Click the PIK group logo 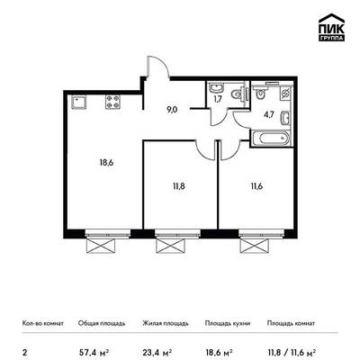(x=331, y=28)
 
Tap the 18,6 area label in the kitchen (x=106, y=163)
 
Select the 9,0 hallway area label (x=172, y=110)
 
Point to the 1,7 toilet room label (x=218, y=99)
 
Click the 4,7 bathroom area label (x=269, y=115)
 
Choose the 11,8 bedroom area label (x=178, y=186)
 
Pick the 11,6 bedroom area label (x=256, y=186)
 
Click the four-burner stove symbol (x=112, y=102)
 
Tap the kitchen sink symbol (x=79, y=102)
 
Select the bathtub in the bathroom (x=271, y=139)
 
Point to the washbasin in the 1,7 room (x=216, y=88)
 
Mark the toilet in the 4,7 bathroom (x=260, y=94)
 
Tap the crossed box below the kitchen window (x=101, y=247)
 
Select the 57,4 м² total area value (x=94, y=352)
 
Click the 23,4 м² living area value (x=157, y=352)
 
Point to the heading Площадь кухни (x=228, y=323)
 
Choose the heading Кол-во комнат (x=43, y=323)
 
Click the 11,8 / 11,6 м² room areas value (x=291, y=352)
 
